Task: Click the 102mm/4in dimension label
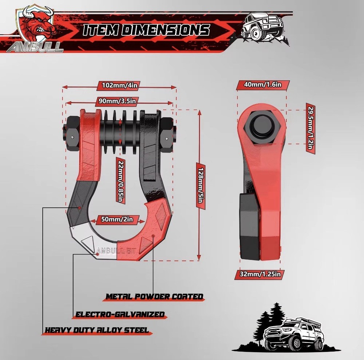point(119,86)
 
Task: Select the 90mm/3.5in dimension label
point(119,100)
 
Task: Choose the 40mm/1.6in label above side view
point(263,85)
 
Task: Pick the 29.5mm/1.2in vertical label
point(310,129)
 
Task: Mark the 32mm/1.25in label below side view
point(261,274)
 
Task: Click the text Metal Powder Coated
point(154,296)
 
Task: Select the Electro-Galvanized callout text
point(120,314)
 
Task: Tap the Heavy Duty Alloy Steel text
point(97,330)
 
